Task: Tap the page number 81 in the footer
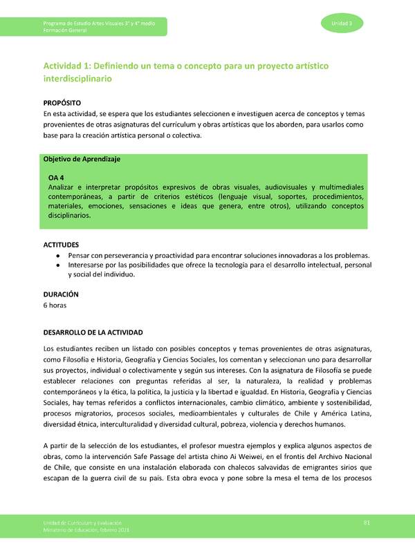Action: [367, 522]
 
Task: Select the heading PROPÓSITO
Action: [63, 102]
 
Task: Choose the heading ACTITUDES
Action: [61, 245]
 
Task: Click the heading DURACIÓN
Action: [62, 294]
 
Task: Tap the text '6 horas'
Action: [55, 305]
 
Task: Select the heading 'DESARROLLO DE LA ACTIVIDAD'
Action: [93, 332]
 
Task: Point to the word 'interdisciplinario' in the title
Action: [77, 79]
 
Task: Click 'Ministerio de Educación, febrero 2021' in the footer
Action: [85, 529]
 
